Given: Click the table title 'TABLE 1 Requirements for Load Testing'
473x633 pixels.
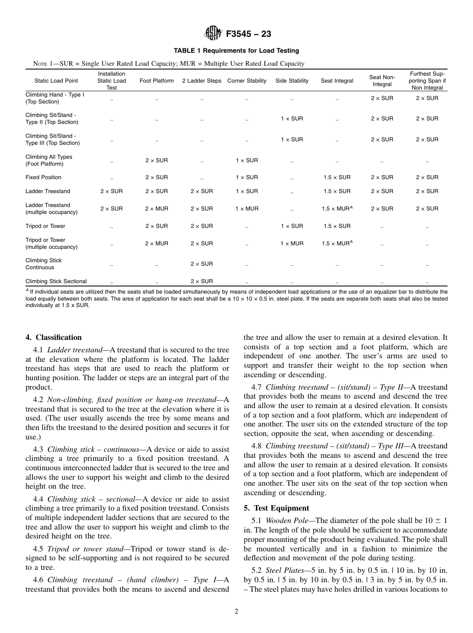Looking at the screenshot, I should (236, 51).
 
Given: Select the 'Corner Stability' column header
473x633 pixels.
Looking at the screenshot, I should (246, 81).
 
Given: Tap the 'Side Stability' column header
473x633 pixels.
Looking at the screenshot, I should (292, 81).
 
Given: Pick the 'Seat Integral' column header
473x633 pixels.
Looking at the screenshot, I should (337, 81).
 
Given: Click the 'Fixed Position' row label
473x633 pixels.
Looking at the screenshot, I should (43, 177).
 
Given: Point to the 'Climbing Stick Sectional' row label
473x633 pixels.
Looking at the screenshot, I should (56, 281).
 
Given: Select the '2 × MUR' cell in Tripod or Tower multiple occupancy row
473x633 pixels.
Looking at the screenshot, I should (156, 243).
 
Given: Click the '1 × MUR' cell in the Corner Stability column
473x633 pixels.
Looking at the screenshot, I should (246, 209).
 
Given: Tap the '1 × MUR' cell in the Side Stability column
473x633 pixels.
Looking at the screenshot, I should (292, 243).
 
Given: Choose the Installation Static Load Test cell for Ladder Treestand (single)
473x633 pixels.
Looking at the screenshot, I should (112, 191).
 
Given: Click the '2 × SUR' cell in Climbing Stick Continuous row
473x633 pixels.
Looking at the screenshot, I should (202, 264).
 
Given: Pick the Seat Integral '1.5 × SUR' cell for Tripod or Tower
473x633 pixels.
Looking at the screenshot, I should (337, 226).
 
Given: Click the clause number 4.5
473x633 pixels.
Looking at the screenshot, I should (38, 549).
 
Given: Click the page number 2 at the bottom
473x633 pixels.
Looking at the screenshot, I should (236, 612).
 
